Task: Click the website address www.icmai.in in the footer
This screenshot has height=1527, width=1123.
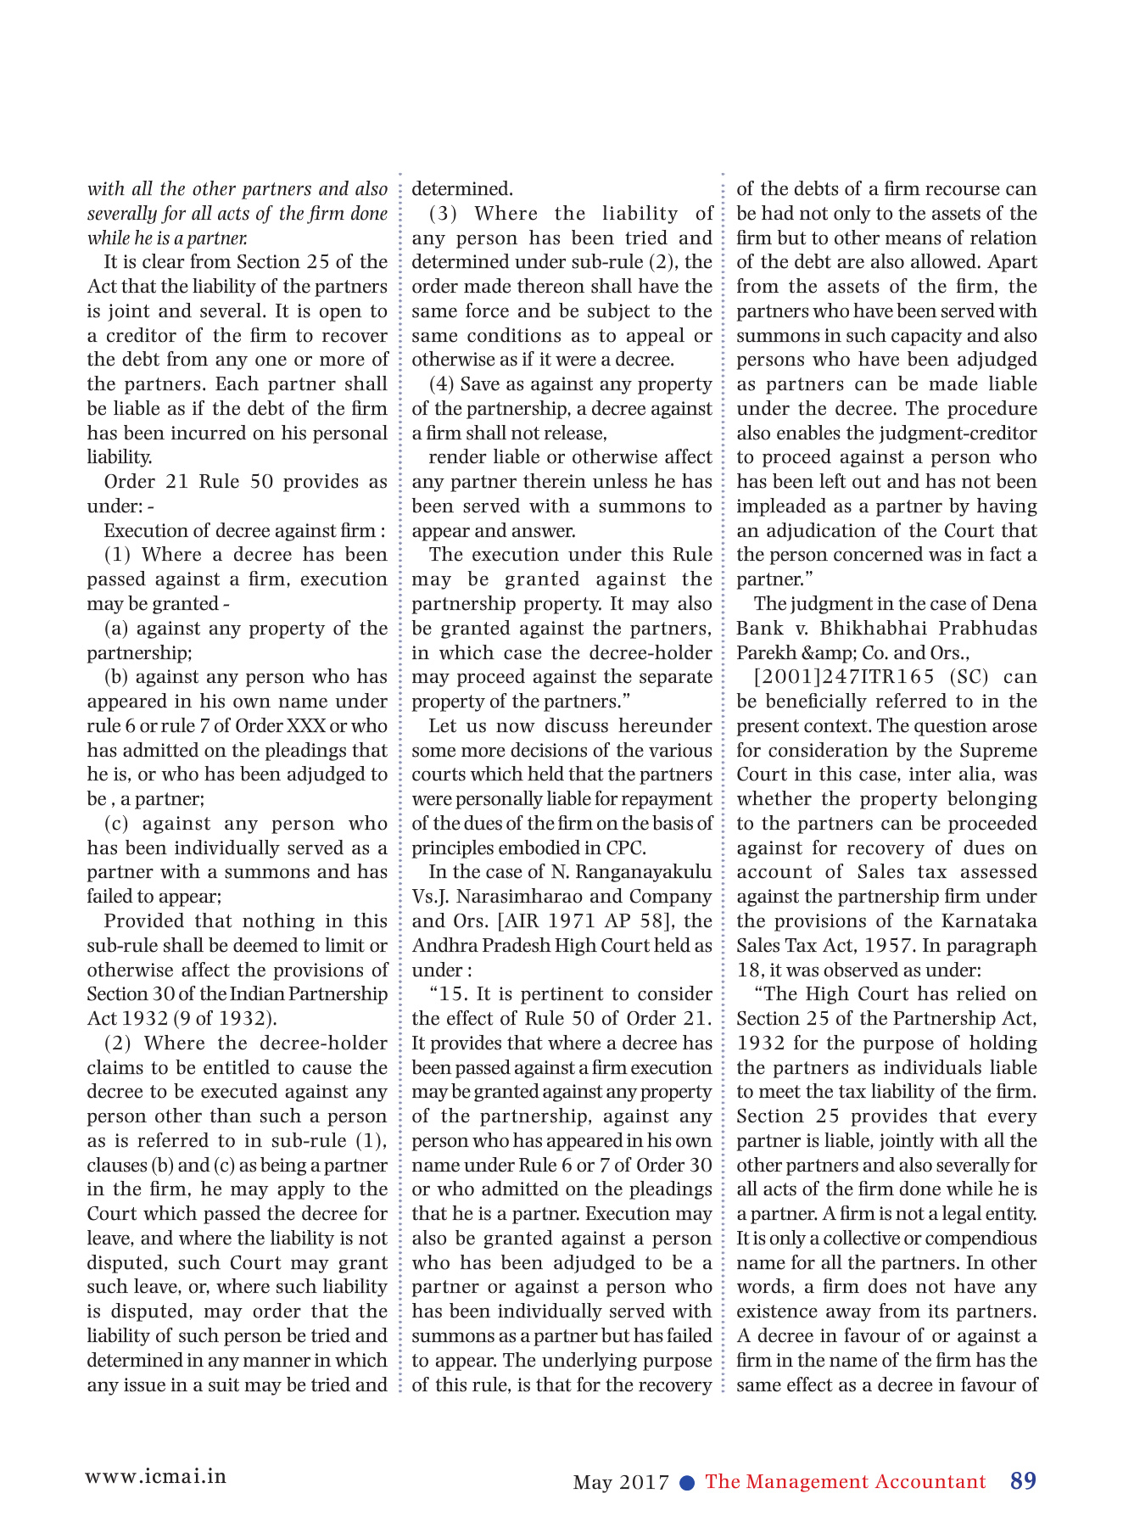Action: (156, 1475)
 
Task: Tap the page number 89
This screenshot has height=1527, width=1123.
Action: (1023, 1481)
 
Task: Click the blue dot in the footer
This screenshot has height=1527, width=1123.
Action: (688, 1482)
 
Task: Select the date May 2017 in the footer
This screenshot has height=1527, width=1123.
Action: (621, 1482)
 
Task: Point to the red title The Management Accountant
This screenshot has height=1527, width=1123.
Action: (845, 1481)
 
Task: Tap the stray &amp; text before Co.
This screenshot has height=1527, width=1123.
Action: (829, 653)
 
